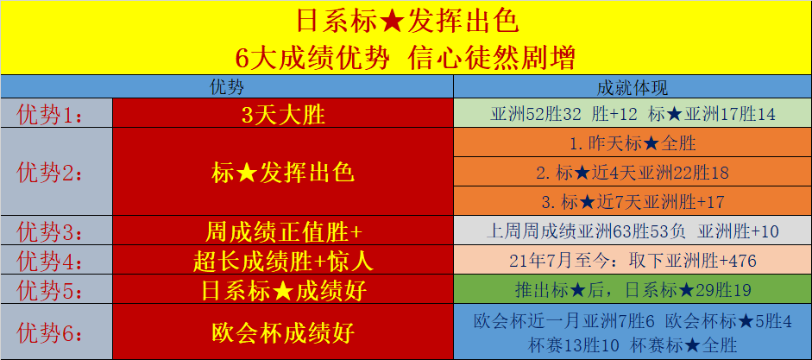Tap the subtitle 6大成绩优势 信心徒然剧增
pos(406,58)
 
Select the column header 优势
pos(227,87)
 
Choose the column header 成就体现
pos(633,87)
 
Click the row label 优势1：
pos(50,114)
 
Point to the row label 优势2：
pos(50,172)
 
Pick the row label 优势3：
pos(50,231)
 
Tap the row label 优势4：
pos(50,261)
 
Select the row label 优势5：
pos(50,290)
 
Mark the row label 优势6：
pos(50,332)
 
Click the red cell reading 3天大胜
pos(283,114)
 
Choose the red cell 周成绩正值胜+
pos(283,231)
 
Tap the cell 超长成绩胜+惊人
pos(283,261)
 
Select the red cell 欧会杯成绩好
pos(283,332)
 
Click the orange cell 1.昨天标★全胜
pos(633,143)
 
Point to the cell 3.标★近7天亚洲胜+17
pos(633,201)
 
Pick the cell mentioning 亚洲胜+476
pos(633,261)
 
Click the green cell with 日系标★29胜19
pos(633,290)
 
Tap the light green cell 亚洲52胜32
pos(633,114)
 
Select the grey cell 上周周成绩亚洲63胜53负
pos(633,231)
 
